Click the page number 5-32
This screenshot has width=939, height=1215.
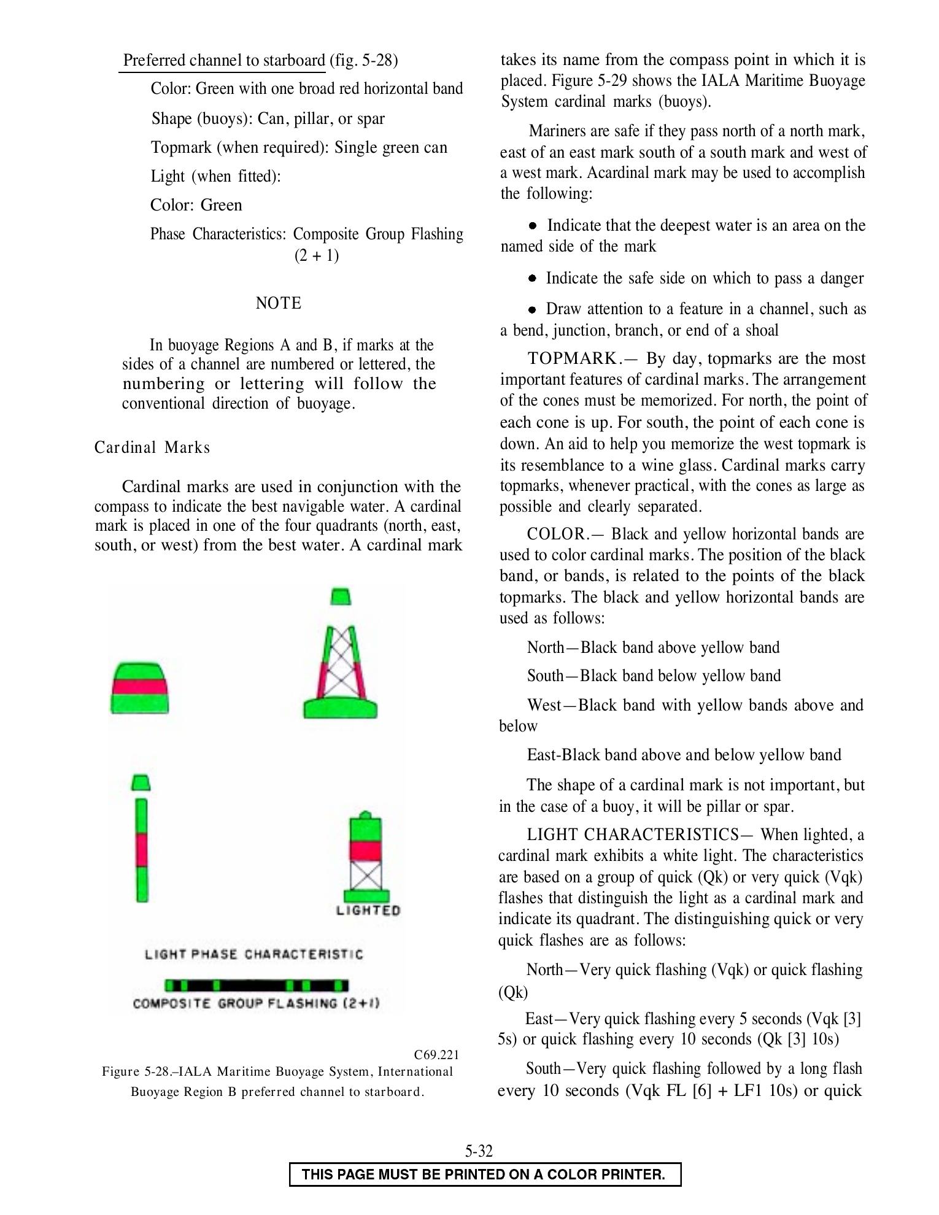tap(479, 1151)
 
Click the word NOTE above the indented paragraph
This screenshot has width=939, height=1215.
tap(279, 303)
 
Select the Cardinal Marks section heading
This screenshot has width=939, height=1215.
tap(152, 448)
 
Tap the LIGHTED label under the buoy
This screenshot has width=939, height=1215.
tap(368, 911)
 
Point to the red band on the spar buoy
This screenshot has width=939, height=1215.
tap(142, 850)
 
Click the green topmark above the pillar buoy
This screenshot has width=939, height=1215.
tap(341, 596)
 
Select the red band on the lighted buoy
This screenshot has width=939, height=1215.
tap(365, 850)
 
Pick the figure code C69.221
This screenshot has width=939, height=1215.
tap(436, 1055)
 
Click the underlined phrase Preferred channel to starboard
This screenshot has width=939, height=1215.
tap(224, 61)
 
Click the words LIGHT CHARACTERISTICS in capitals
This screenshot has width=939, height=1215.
tap(633, 835)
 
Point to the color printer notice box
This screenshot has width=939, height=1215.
tap(485, 1174)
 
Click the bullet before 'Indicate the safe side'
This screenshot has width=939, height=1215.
tap(533, 279)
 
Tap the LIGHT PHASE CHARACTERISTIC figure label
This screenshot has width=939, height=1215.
tap(254, 955)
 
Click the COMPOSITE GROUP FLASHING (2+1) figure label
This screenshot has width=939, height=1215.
tap(257, 1004)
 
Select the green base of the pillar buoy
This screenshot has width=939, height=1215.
tap(341, 708)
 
